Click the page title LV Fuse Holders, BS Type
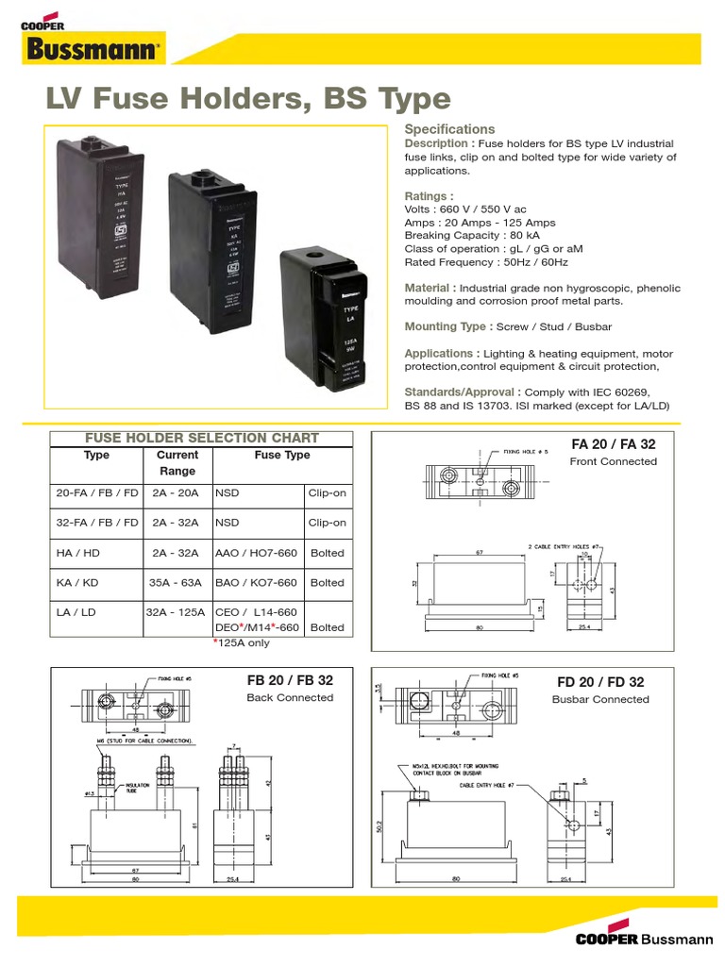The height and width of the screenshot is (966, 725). coord(248,99)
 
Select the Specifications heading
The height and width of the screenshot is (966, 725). coord(449,129)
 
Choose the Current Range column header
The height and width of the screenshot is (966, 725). coord(177,462)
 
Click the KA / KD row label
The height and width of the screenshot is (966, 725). coord(77,583)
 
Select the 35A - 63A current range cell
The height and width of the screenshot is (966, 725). coord(177,583)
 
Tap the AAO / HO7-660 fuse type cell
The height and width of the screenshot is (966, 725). coord(256,553)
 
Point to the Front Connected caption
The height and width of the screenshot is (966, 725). coord(614,461)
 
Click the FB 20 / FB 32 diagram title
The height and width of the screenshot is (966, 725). coord(290,680)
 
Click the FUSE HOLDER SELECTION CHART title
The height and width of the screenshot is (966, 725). coord(202,439)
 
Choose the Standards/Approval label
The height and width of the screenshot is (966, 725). coord(461,391)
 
